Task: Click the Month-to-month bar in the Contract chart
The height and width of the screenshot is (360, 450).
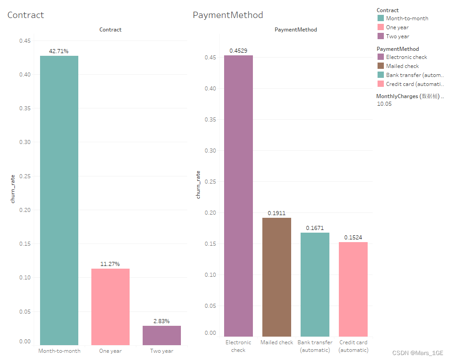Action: [59, 200]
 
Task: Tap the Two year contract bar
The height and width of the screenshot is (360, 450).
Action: [162, 335]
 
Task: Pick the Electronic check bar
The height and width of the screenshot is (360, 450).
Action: [238, 196]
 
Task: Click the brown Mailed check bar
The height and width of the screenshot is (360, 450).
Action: [277, 277]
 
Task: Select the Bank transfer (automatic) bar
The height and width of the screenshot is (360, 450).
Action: [315, 284]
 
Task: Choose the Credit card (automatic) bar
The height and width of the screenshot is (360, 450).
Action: [353, 289]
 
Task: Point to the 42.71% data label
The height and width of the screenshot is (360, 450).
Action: [59, 51]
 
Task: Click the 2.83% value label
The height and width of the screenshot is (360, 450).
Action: [162, 321]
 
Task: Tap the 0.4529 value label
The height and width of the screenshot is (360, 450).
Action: [238, 51]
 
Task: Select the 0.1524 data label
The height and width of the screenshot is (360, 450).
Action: [353, 238]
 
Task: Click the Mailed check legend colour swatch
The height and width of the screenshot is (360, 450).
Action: [380, 66]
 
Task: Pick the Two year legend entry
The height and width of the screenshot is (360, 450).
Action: [397, 36]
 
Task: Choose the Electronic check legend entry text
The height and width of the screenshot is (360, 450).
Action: [406, 57]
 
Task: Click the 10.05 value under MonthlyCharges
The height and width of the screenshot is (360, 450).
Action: [384, 104]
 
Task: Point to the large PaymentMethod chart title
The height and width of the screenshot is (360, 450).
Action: [228, 15]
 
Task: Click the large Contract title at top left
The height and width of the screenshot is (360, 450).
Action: [26, 15]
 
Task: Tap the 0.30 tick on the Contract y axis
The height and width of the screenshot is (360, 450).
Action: [25, 142]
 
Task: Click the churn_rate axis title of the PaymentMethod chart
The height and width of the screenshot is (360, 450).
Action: [198, 184]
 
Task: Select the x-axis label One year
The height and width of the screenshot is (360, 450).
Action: [110, 351]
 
